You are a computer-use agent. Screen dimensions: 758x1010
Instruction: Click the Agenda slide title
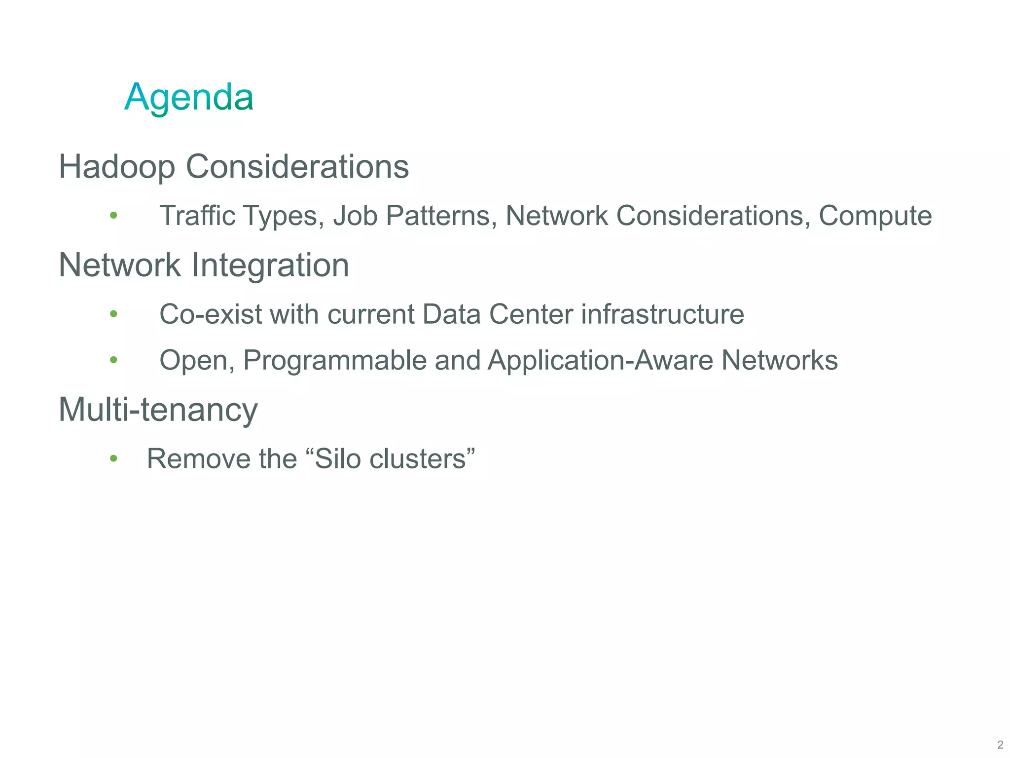pos(189,97)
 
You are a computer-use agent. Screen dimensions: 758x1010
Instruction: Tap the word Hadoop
pos(117,166)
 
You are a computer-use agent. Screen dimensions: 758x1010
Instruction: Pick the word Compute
pos(875,216)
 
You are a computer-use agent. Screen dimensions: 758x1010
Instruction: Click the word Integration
pos(270,265)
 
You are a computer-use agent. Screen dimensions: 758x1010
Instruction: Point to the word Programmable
pos(335,360)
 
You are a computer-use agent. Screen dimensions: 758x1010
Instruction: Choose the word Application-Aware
pos(600,360)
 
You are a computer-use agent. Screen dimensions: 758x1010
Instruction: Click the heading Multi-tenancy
pos(158,410)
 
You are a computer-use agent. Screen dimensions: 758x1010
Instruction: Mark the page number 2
pos(1000,745)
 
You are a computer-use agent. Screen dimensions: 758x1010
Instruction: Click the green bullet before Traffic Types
pos(113,215)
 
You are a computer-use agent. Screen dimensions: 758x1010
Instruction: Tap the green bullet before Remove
pos(113,459)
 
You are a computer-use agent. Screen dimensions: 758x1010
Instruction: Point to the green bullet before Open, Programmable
pos(113,360)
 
